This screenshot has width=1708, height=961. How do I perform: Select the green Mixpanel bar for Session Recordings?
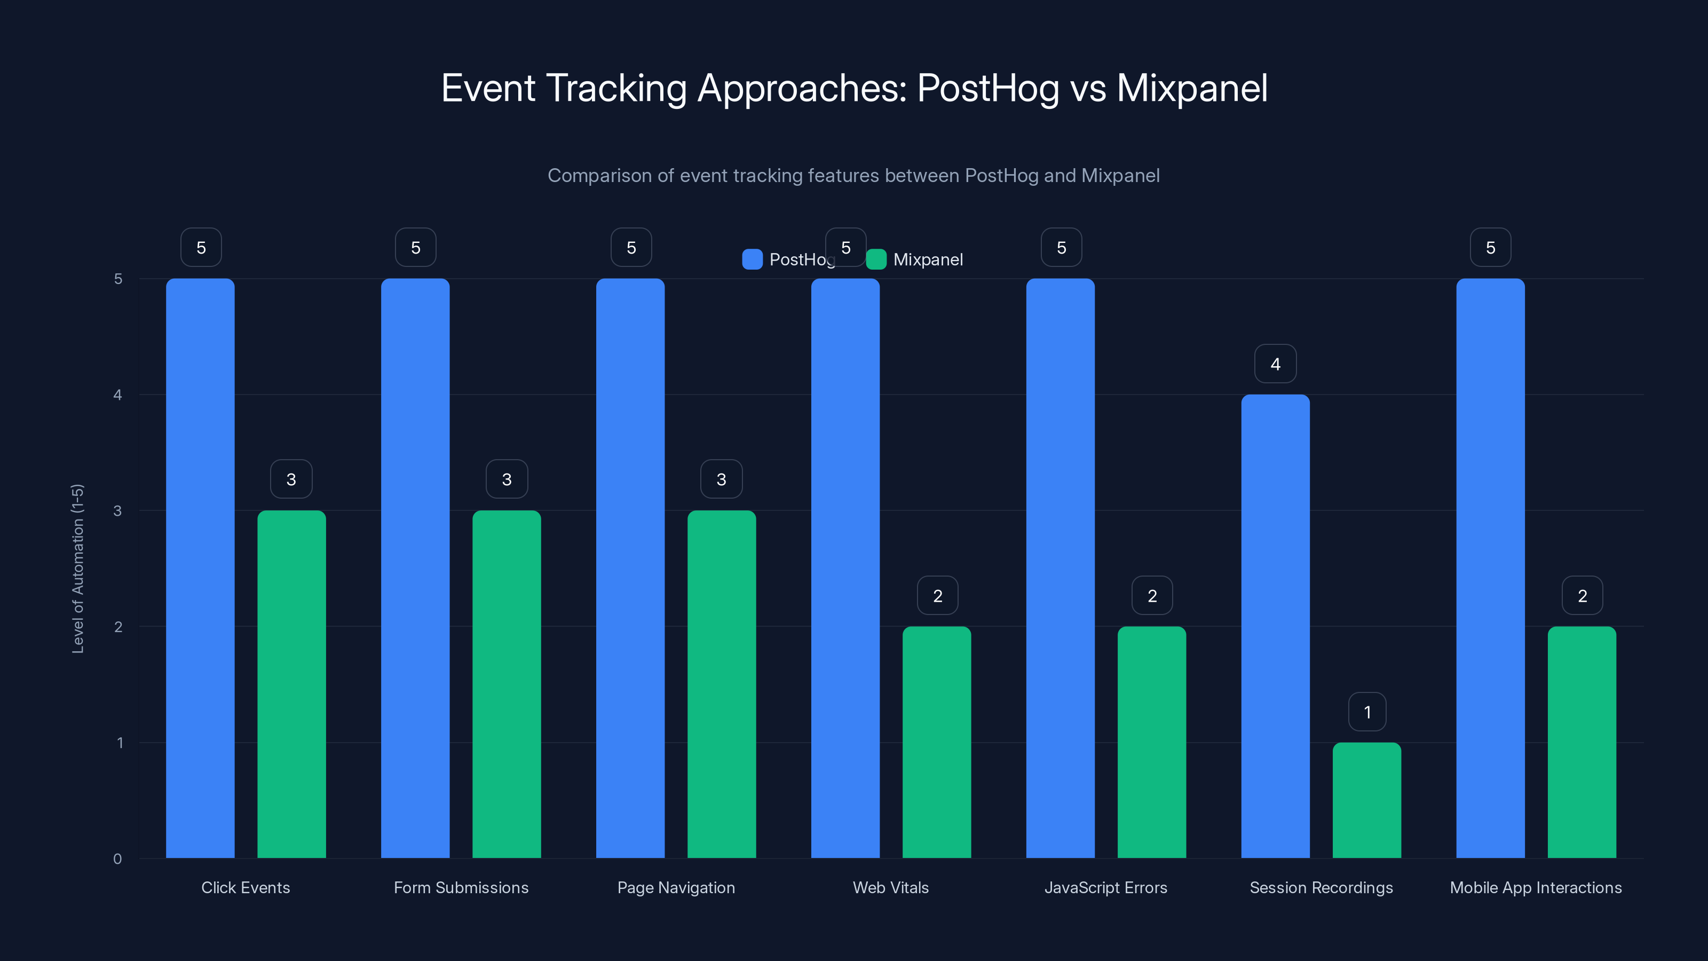pyautogui.click(x=1366, y=800)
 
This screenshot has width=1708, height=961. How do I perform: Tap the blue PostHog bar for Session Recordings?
pyautogui.click(x=1275, y=626)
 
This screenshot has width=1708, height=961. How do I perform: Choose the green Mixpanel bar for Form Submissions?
pyautogui.click(x=507, y=684)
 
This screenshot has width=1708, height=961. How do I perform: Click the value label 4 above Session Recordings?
pyautogui.click(x=1275, y=364)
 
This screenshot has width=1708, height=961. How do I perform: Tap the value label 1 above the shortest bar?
pyautogui.click(x=1366, y=712)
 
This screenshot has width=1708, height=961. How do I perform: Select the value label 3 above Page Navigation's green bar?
pyautogui.click(x=722, y=479)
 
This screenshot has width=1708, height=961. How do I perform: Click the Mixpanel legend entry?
pyautogui.click(x=915, y=259)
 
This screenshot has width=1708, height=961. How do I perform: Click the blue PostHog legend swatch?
pyautogui.click(x=753, y=259)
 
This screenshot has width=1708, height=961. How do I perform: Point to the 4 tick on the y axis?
pyautogui.click(x=118, y=395)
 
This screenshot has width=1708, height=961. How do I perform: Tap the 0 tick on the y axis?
pyautogui.click(x=118, y=859)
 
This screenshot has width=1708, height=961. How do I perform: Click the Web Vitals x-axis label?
pyautogui.click(x=890, y=887)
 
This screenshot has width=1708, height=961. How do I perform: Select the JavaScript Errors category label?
pyautogui.click(x=1105, y=887)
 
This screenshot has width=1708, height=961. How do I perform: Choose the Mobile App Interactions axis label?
pyautogui.click(x=1535, y=887)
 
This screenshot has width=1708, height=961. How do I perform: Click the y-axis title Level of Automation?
pyautogui.click(x=77, y=569)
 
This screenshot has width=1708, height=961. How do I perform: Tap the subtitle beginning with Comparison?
pyautogui.click(x=853, y=176)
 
